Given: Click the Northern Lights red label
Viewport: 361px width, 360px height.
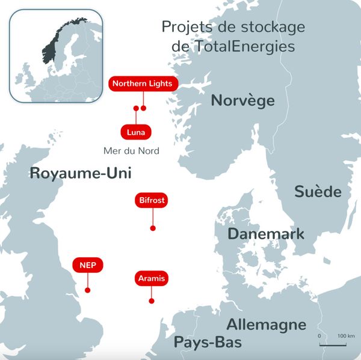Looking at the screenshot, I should pos(142,84).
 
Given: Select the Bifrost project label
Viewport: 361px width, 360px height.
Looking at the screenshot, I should pos(152,200).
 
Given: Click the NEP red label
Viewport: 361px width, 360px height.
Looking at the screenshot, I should pos(87,264).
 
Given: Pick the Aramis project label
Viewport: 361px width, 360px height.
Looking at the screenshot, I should pos(150,278).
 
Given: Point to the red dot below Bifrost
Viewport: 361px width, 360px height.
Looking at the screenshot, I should pos(153,228).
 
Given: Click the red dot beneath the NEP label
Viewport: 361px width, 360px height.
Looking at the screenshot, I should pos(88,290).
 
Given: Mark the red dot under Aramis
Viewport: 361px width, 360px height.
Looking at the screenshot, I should pos(151,301).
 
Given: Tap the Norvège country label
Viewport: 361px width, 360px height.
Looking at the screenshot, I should pos(242,100).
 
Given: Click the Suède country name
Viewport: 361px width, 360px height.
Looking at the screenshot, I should pos(318,192).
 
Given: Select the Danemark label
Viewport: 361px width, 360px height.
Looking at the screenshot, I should pos(266,234).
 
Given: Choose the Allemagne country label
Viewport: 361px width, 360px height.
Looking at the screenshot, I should pos(266,325).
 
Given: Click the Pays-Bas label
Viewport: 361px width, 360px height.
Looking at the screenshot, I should pos(208,343).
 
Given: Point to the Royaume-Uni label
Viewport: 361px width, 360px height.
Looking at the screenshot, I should pos(80,174).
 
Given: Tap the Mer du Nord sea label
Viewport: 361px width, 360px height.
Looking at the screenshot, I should pos(131,151).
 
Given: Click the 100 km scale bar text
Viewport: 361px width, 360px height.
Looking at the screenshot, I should pos(346,335).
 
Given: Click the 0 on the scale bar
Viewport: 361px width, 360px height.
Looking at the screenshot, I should pos(319,335).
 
